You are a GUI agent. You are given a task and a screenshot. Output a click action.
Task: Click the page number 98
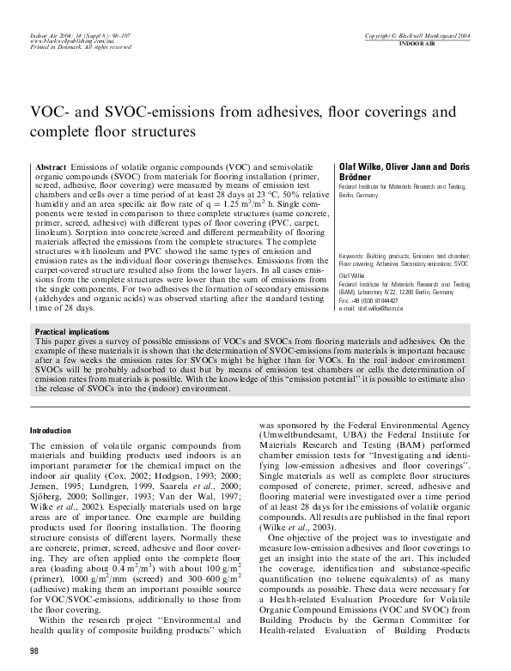pos(34,653)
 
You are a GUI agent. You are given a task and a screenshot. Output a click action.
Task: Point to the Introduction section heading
pos(52,430)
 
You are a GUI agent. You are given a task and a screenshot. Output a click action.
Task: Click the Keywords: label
pos(356,256)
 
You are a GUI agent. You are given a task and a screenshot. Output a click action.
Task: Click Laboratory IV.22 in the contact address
pos(386,293)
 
